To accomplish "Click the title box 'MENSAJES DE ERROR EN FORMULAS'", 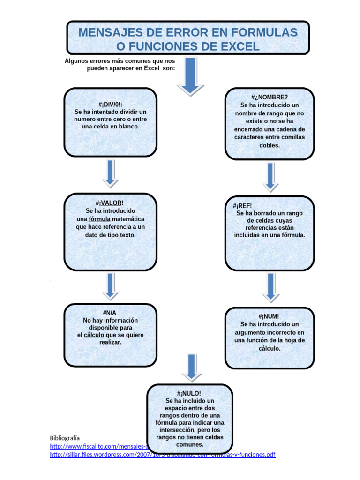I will click(x=187, y=39).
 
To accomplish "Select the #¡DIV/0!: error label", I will click(x=111, y=104).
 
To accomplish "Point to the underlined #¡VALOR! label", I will click(x=111, y=203).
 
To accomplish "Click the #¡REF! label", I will click(x=242, y=206).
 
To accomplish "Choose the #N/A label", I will click(x=110, y=313).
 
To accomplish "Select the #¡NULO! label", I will click(x=189, y=393).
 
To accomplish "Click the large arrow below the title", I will click(x=190, y=75).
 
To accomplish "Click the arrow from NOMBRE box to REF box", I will click(x=270, y=177).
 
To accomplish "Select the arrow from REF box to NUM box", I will click(x=270, y=287).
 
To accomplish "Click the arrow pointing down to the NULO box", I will click(x=190, y=367).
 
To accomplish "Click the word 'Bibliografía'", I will click(x=65, y=438).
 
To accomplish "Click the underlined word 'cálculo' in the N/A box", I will click(x=94, y=335).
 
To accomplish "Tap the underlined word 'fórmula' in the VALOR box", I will click(x=100, y=219).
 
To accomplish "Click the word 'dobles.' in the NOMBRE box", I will click(x=269, y=145).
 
